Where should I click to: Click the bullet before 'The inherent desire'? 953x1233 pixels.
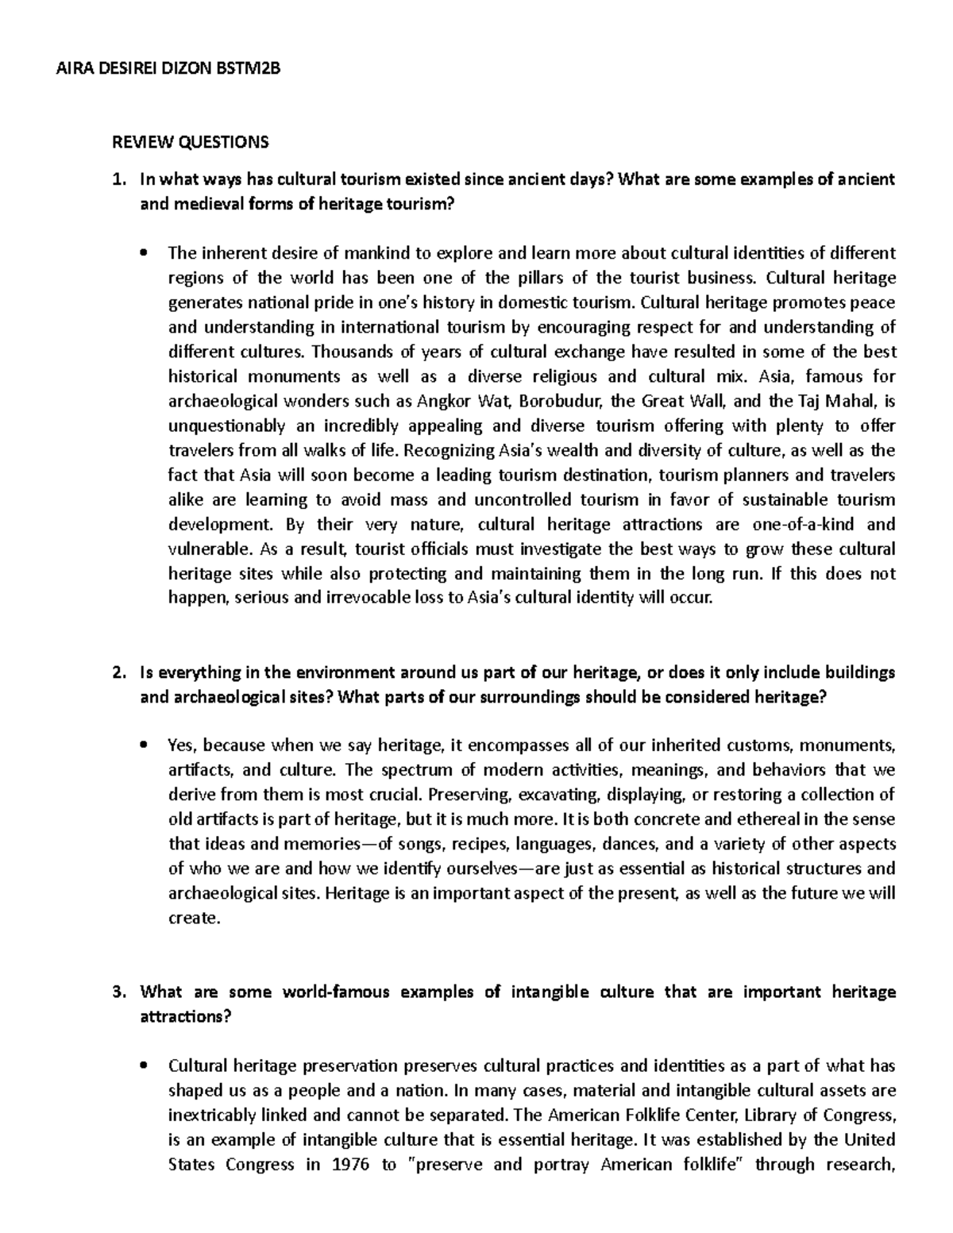pyautogui.click(x=144, y=254)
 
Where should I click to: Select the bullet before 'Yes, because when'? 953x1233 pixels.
pyautogui.click(x=144, y=746)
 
